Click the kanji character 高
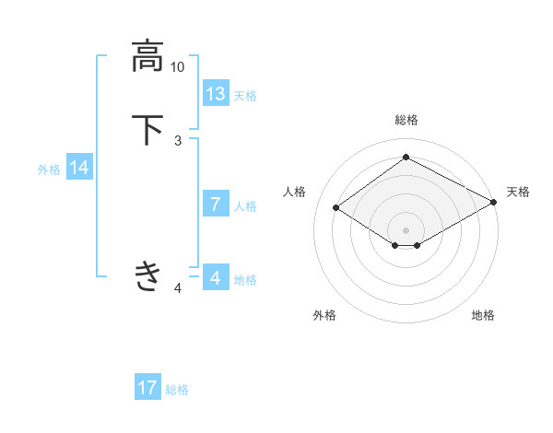pos(147,57)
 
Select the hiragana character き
pos(147,275)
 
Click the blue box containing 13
pos(216,94)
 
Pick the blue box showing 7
pos(216,205)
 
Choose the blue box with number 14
pos(79,168)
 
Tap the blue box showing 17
pos(147,388)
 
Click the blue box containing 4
pos(216,277)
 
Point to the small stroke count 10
pos(177,67)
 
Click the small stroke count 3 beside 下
pos(178,141)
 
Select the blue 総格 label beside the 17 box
pos(177,390)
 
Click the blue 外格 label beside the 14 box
pos(49,170)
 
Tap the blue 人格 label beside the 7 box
pos(245,206)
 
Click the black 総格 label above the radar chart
pos(406,120)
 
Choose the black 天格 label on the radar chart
pos(518,192)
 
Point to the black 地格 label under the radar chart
pos(483,316)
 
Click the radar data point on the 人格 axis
pos(336,208)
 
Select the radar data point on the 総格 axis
pos(406,158)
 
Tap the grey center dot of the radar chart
pos(406,229)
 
